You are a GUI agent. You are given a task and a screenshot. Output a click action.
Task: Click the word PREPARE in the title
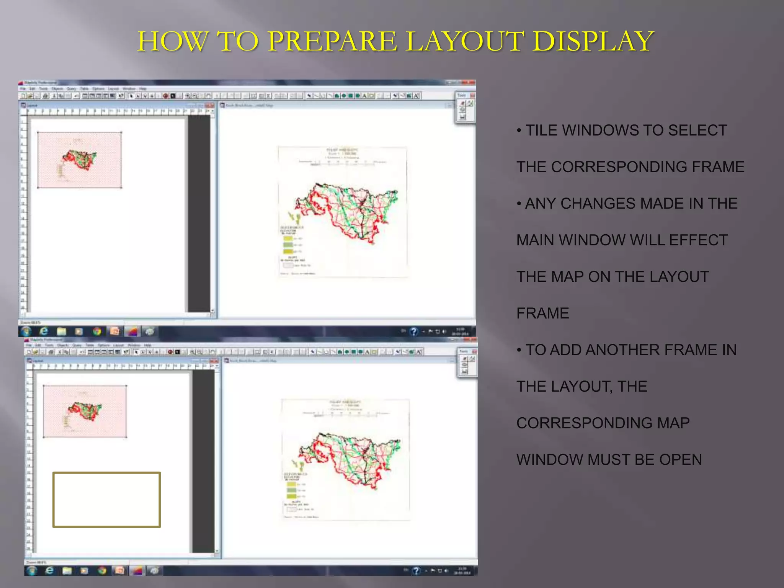click(332, 41)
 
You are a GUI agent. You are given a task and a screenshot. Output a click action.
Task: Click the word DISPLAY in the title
click(593, 41)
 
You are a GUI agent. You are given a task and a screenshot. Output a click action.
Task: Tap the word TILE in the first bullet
click(541, 131)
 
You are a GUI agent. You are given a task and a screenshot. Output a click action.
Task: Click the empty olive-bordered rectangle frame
click(106, 500)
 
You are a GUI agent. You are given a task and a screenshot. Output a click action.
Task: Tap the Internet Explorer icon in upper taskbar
click(44, 332)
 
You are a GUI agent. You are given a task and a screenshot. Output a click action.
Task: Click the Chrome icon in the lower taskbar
click(102, 571)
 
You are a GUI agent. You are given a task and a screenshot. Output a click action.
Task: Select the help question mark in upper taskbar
click(413, 332)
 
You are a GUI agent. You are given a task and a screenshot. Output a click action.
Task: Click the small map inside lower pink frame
click(85, 411)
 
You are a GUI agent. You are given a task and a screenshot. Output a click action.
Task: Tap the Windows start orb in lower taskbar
click(32, 571)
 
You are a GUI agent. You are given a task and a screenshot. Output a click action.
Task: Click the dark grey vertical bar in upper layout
click(199, 214)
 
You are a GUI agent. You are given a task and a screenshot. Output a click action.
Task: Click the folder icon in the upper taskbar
click(62, 332)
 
